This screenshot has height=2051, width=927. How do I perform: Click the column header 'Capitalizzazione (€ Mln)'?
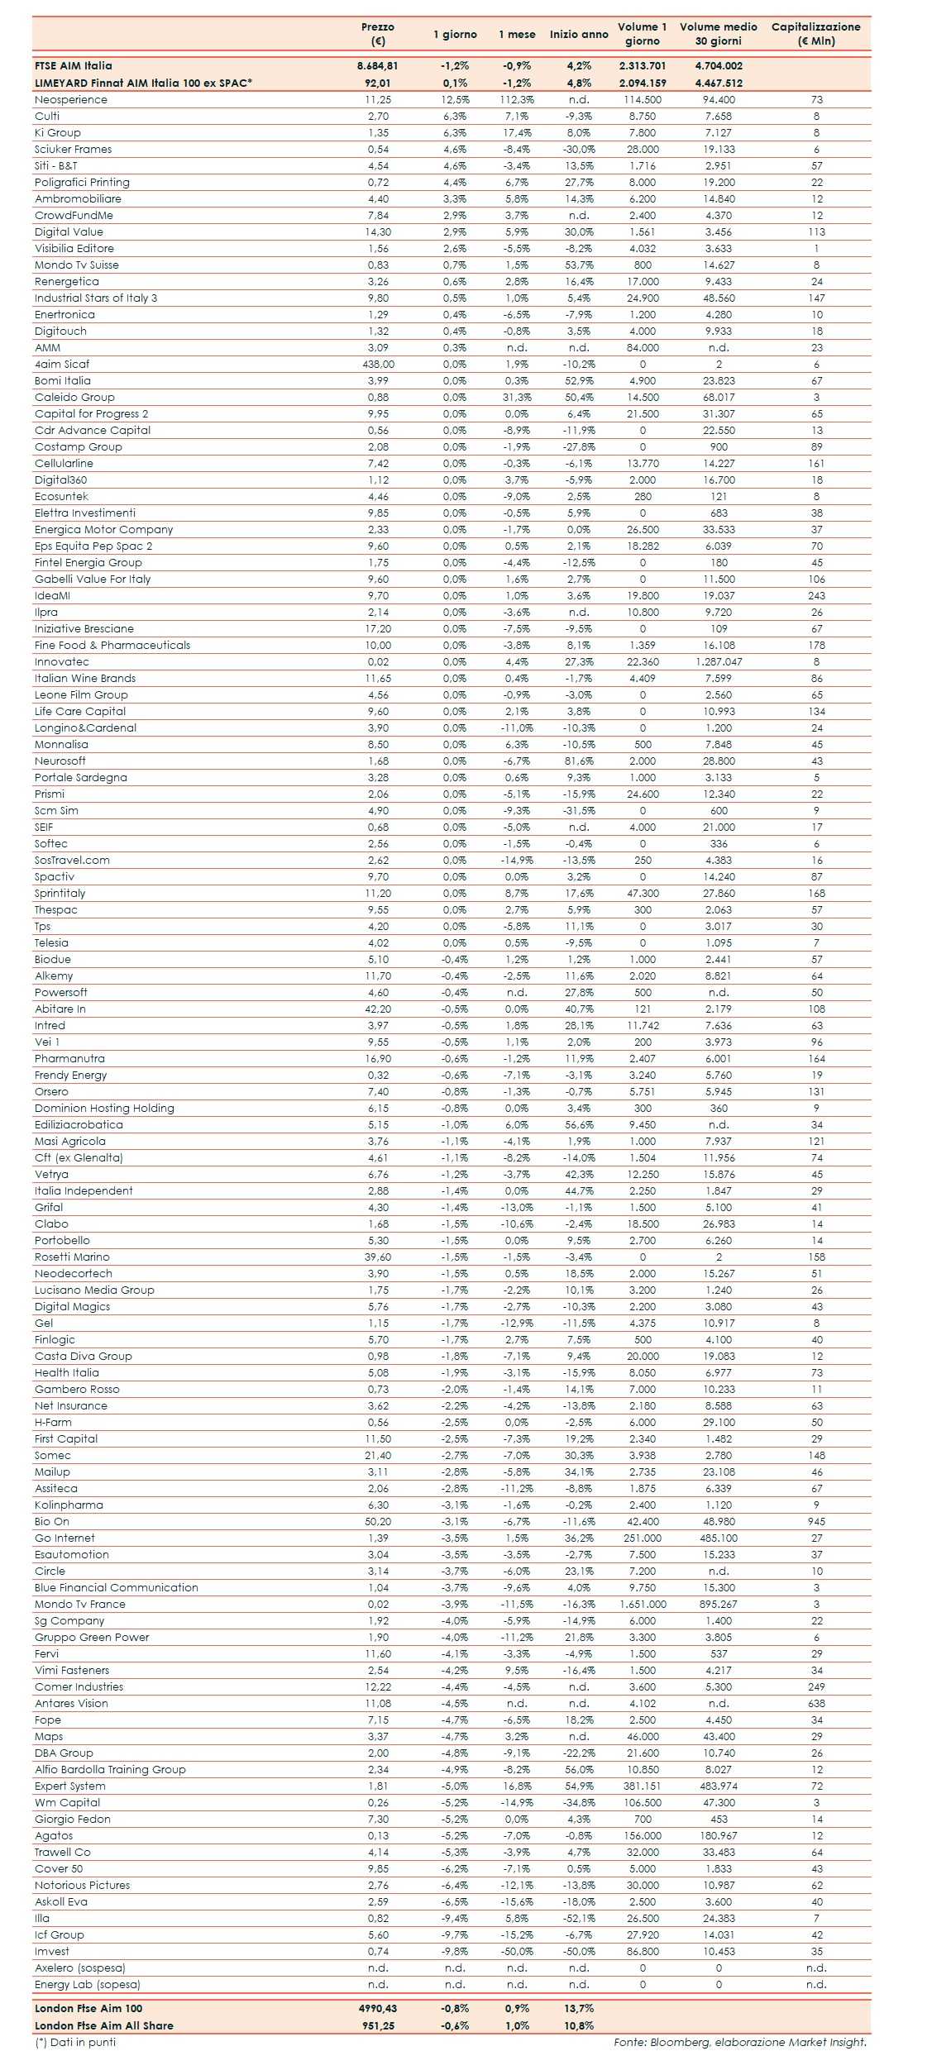pyautogui.click(x=815, y=34)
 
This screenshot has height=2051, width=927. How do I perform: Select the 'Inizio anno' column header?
pyautogui.click(x=579, y=34)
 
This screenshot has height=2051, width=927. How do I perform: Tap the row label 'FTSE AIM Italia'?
pyautogui.click(x=74, y=65)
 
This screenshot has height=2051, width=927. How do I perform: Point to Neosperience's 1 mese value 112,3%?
pyautogui.click(x=517, y=99)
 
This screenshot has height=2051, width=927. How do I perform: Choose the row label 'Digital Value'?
pyautogui.click(x=69, y=231)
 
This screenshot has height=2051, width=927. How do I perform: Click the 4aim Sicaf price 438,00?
pyautogui.click(x=378, y=364)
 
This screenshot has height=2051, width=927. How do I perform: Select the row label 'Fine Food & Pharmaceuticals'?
pyautogui.click(x=112, y=645)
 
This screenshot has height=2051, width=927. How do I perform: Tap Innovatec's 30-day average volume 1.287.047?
pyautogui.click(x=719, y=661)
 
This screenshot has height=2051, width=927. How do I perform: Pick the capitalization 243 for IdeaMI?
pyautogui.click(x=816, y=595)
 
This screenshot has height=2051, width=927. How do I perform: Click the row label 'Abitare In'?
pyautogui.click(x=60, y=1009)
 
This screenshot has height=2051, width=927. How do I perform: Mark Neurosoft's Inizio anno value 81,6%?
pyautogui.click(x=579, y=761)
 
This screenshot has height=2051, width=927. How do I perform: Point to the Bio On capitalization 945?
pyautogui.click(x=816, y=1521)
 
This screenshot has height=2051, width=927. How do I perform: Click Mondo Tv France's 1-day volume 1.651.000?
pyautogui.click(x=643, y=1604)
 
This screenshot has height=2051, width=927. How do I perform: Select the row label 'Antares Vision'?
pyautogui.click(x=71, y=1703)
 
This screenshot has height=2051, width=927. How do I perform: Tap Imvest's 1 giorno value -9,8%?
pyautogui.click(x=455, y=1951)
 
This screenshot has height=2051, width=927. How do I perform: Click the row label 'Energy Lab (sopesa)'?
pyautogui.click(x=88, y=1984)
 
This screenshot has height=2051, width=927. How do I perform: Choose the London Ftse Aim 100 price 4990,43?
pyautogui.click(x=378, y=2008)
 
